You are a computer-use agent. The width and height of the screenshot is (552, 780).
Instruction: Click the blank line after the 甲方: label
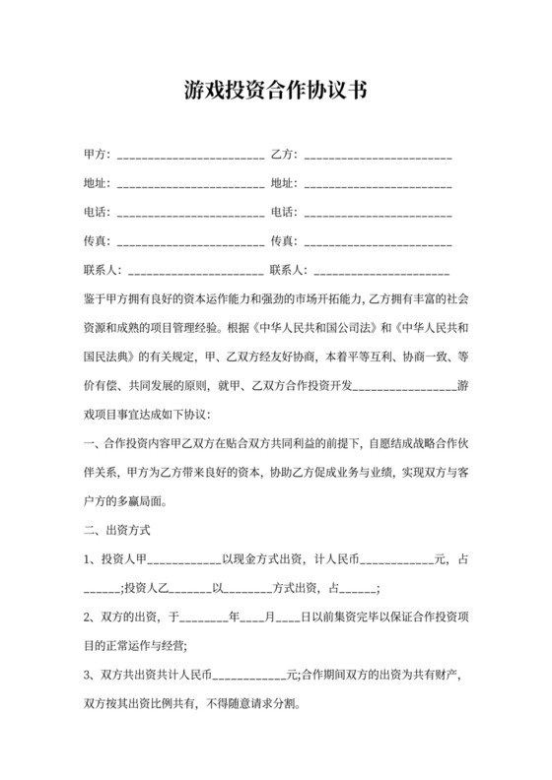tap(190, 156)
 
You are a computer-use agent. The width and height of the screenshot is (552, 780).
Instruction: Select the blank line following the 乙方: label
tap(379, 156)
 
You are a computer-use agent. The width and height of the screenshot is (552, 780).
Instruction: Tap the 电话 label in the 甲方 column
tap(97, 212)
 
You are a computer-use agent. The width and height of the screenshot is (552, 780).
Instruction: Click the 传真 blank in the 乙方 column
tap(379, 240)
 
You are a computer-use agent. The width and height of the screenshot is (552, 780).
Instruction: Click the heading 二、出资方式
tap(116, 530)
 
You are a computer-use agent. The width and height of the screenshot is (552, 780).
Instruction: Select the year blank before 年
tap(204, 617)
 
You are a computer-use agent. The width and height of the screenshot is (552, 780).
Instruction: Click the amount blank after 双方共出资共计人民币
tap(249, 677)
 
